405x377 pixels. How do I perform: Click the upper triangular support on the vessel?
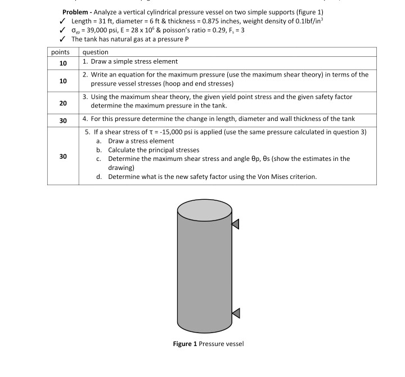(235, 224)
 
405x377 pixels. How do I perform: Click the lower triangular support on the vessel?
(235, 312)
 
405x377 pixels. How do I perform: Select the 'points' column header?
(60, 52)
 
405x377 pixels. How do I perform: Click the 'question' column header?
(96, 52)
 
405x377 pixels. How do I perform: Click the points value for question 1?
(63, 62)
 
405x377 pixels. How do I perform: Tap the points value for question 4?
(63, 120)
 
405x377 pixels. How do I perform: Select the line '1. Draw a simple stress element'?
(130, 61)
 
